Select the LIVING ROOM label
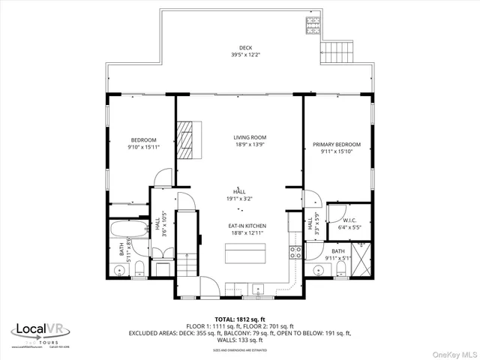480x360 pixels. coord(249,137)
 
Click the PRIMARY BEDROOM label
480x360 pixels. coord(337,144)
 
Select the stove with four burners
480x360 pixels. coord(295,253)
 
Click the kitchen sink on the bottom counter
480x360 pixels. coord(258,287)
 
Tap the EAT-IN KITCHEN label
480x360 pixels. coord(247,226)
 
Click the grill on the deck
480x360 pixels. coord(311,26)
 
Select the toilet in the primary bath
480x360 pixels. coord(341,268)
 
